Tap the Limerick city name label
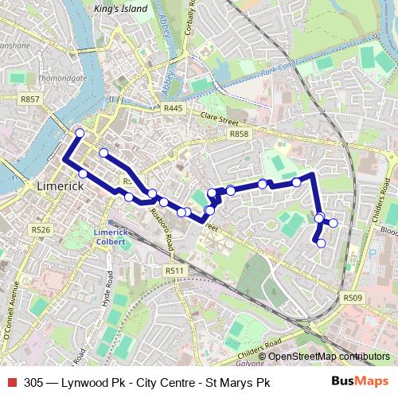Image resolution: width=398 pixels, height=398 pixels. pos(60,185)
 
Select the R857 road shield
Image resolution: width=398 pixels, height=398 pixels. pos(31,99)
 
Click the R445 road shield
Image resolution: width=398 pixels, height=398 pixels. pos(174,108)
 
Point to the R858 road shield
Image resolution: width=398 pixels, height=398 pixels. pos(238,134)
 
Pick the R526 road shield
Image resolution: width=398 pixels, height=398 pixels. pos(41,230)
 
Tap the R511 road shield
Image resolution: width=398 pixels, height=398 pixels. pos(175,271)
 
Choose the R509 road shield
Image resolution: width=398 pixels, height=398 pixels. pos(353,298)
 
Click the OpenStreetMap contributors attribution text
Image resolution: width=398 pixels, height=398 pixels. pos(329,356)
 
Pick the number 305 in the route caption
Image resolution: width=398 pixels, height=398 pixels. pos(33,382)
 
